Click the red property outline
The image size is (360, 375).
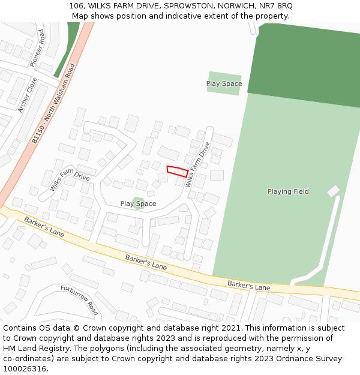coord(178,171)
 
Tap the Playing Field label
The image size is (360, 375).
coord(288,191)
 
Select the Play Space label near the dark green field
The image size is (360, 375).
coord(224,83)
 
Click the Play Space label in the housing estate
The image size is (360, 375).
coord(138,204)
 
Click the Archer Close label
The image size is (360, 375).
coord(27,95)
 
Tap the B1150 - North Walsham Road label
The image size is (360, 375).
coord(53,103)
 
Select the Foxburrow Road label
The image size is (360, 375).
coord(79,300)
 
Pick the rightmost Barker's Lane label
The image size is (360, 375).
coord(248,286)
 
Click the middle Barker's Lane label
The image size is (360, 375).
coord(146,262)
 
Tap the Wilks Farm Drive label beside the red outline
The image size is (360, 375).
coord(198,164)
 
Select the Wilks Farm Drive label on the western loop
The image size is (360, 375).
coord(70,179)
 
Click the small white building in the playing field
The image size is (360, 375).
coord(333,191)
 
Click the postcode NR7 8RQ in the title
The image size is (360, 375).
coord(276,5)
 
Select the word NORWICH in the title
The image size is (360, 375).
coord(235,5)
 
